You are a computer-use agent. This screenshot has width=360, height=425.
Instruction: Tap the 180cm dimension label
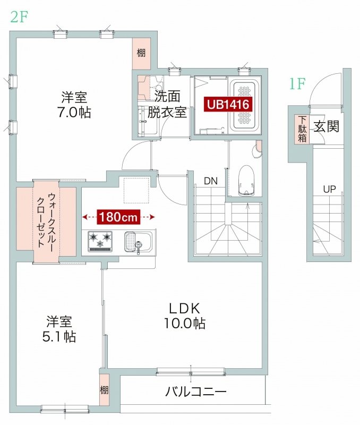point(118,217)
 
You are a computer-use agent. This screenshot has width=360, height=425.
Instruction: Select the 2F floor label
point(18,16)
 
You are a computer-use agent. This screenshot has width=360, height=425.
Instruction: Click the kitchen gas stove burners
point(101,241)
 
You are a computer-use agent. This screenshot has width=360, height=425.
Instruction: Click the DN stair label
point(211,181)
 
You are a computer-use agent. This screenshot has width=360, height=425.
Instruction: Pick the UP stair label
point(329,189)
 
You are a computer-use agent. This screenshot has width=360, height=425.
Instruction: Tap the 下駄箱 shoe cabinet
point(302,129)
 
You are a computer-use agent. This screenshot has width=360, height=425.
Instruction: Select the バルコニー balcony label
point(196,393)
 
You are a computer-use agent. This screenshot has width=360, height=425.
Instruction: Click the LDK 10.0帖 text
point(184,316)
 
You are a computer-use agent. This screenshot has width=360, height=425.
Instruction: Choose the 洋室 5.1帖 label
point(59,329)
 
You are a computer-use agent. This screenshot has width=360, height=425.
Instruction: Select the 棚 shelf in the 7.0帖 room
point(141,53)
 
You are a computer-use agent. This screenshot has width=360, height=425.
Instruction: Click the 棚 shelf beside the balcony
point(104,390)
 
